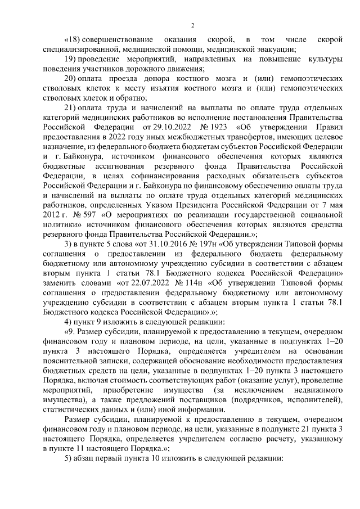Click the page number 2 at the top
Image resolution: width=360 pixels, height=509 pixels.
192,24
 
